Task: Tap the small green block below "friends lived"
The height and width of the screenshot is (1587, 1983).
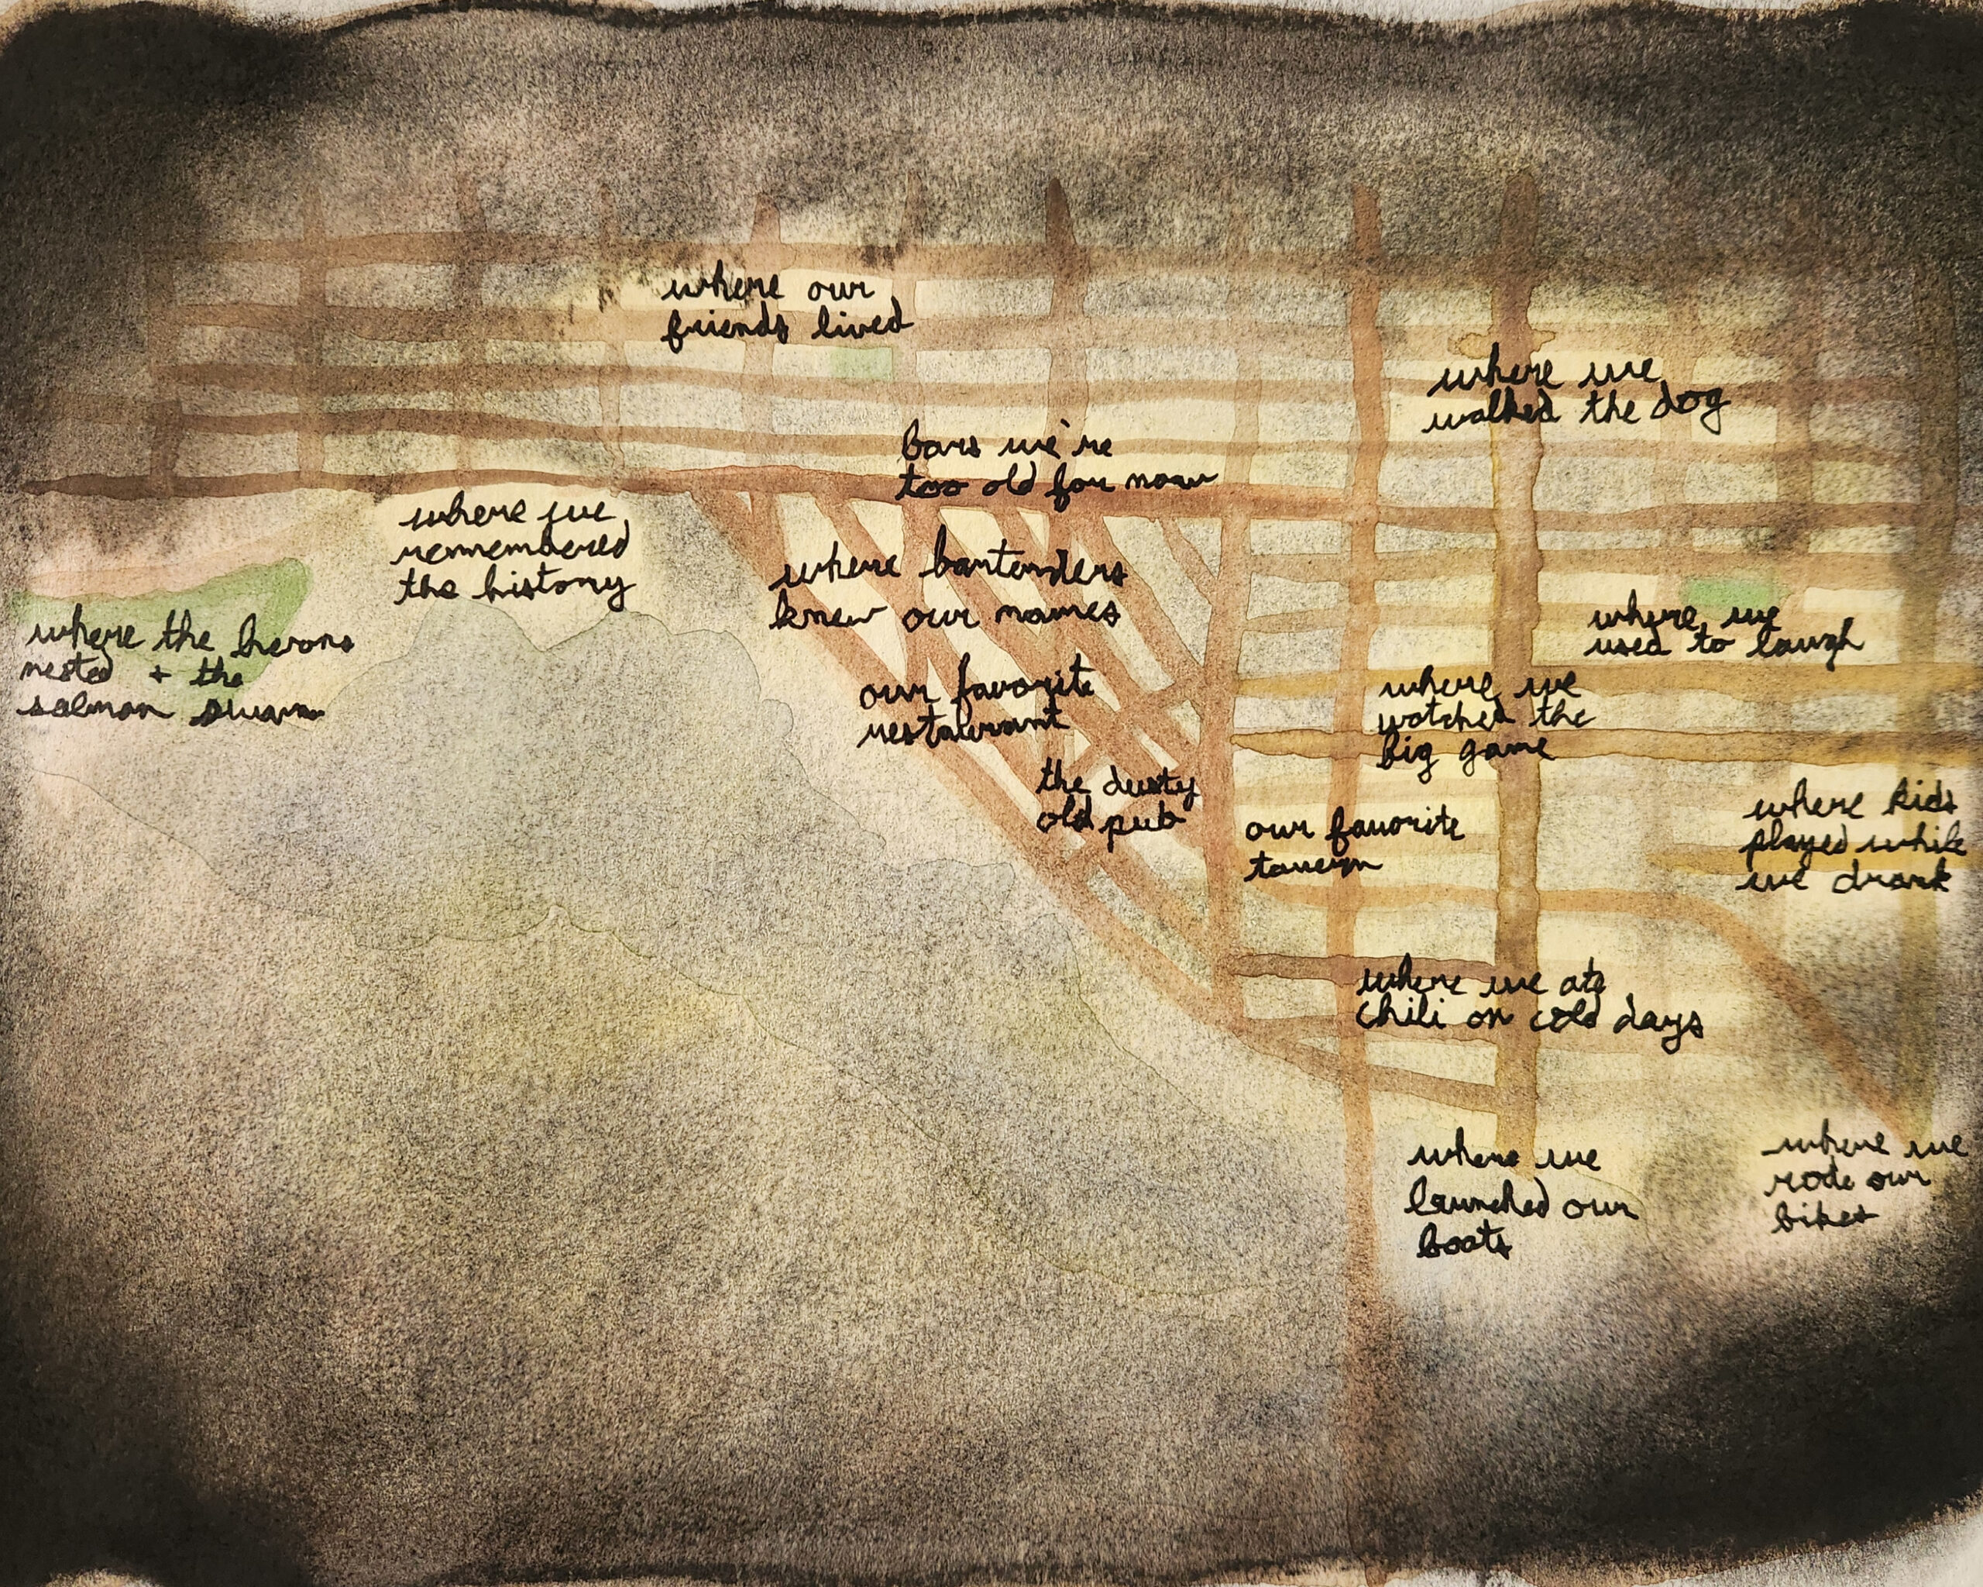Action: click(862, 363)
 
